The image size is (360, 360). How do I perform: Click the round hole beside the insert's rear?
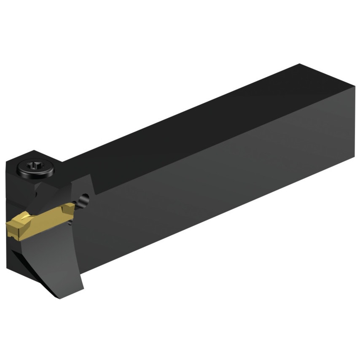(86, 198)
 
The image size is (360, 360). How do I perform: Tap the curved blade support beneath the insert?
(72, 253)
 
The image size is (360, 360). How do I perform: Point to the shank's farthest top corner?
(300, 64)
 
